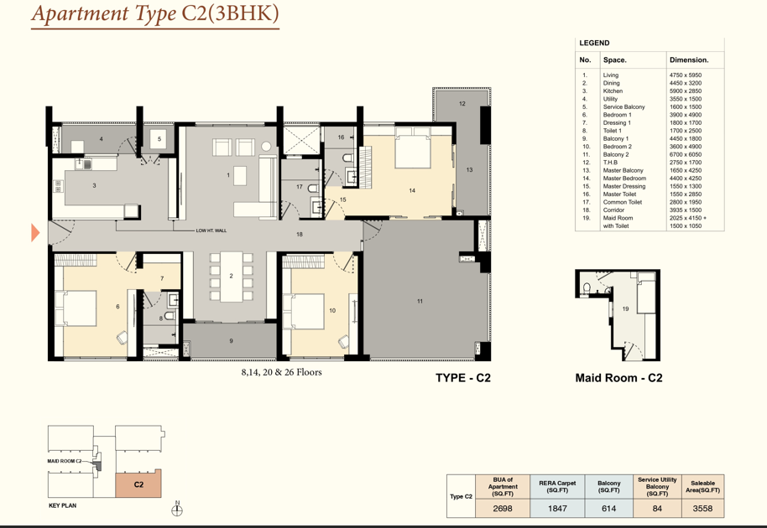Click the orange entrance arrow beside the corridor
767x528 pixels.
34,232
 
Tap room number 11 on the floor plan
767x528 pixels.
420,302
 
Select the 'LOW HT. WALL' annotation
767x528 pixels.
211,230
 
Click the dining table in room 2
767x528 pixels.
231,277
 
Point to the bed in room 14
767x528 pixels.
412,147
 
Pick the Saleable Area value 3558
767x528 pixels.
702,509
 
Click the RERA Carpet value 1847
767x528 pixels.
557,509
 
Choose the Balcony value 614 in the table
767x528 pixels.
608,509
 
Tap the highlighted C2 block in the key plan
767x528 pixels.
138,484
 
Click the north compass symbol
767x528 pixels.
177,510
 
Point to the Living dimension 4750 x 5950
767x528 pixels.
686,75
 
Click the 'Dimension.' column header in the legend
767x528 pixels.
689,60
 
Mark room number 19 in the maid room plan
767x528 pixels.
625,308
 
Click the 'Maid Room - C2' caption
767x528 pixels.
618,377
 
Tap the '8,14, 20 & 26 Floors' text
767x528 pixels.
281,372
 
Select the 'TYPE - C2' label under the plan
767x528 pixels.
462,377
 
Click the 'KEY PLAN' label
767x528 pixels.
63,505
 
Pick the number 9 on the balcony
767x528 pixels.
231,341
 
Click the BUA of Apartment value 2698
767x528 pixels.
503,509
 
